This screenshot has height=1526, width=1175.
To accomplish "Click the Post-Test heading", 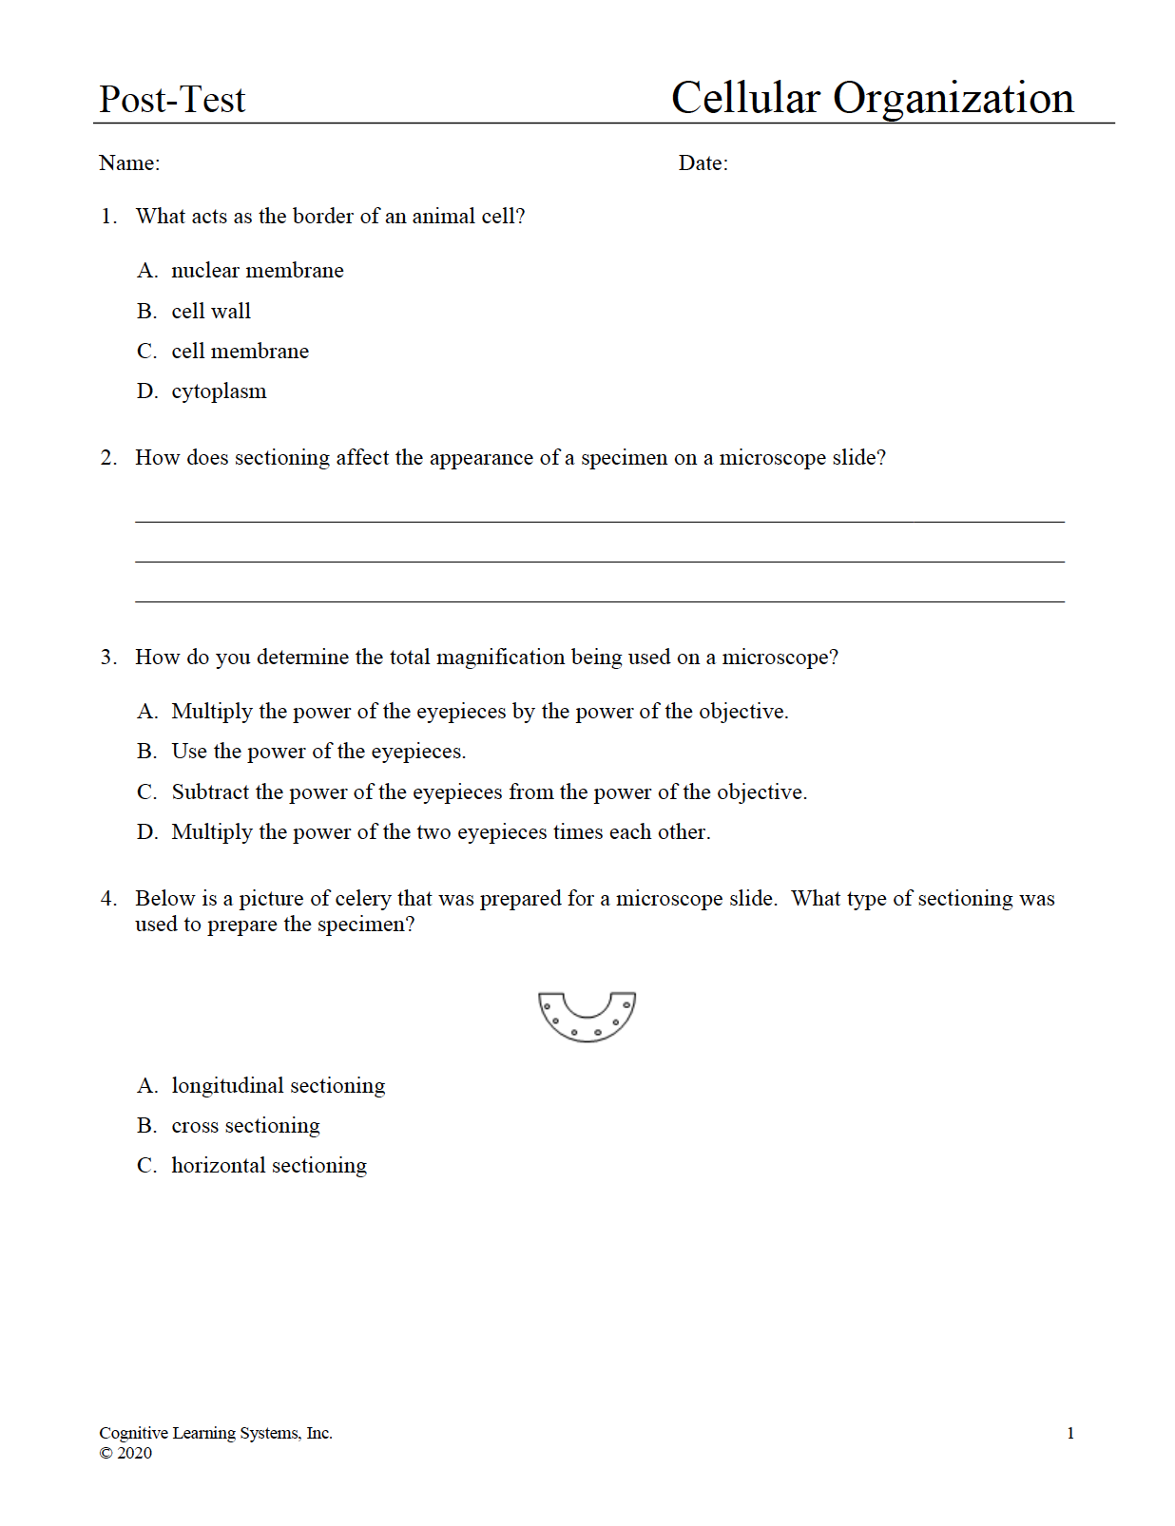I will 172,100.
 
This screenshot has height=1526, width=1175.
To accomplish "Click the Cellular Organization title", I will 872,99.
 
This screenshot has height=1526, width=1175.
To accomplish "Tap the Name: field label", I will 129,163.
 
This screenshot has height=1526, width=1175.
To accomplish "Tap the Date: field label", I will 703,163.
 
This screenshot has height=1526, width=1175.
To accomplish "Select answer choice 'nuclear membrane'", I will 257,271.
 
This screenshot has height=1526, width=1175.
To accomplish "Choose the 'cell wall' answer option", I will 211,312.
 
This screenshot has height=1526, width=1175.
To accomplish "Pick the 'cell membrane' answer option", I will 240,352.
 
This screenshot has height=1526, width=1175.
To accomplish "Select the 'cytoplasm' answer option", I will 219,391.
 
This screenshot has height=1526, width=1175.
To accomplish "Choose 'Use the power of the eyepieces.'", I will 318,752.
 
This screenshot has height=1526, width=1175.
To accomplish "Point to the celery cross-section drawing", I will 587,1017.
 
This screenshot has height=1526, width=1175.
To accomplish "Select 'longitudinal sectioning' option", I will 278,1086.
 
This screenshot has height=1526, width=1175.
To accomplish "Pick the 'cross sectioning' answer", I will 245,1126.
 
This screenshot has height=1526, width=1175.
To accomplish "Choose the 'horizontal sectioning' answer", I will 269,1166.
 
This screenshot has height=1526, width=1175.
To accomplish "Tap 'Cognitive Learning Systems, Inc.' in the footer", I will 216,1433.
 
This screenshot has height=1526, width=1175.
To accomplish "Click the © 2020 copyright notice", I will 125,1453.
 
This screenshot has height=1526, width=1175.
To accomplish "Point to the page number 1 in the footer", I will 1070,1434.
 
